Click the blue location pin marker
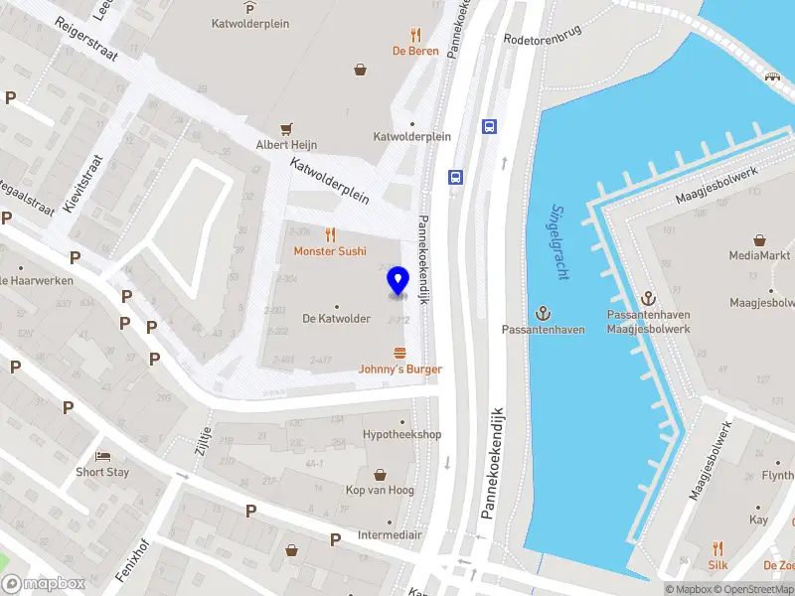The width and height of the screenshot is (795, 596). coord(397,281)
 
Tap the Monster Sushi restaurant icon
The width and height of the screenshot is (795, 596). coord(330,235)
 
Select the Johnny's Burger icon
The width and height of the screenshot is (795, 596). coord(400,353)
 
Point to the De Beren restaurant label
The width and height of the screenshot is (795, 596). coord(415,51)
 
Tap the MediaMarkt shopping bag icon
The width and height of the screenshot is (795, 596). coord(759,239)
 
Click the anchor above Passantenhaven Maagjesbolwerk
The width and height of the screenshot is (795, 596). coord(648,298)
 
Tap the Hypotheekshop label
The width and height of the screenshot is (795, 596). coord(401,435)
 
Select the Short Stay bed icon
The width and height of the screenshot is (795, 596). coord(102,456)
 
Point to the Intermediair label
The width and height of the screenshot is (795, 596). coord(390,535)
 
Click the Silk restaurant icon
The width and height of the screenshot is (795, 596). coord(717,548)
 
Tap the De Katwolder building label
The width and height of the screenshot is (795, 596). coord(336,319)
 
